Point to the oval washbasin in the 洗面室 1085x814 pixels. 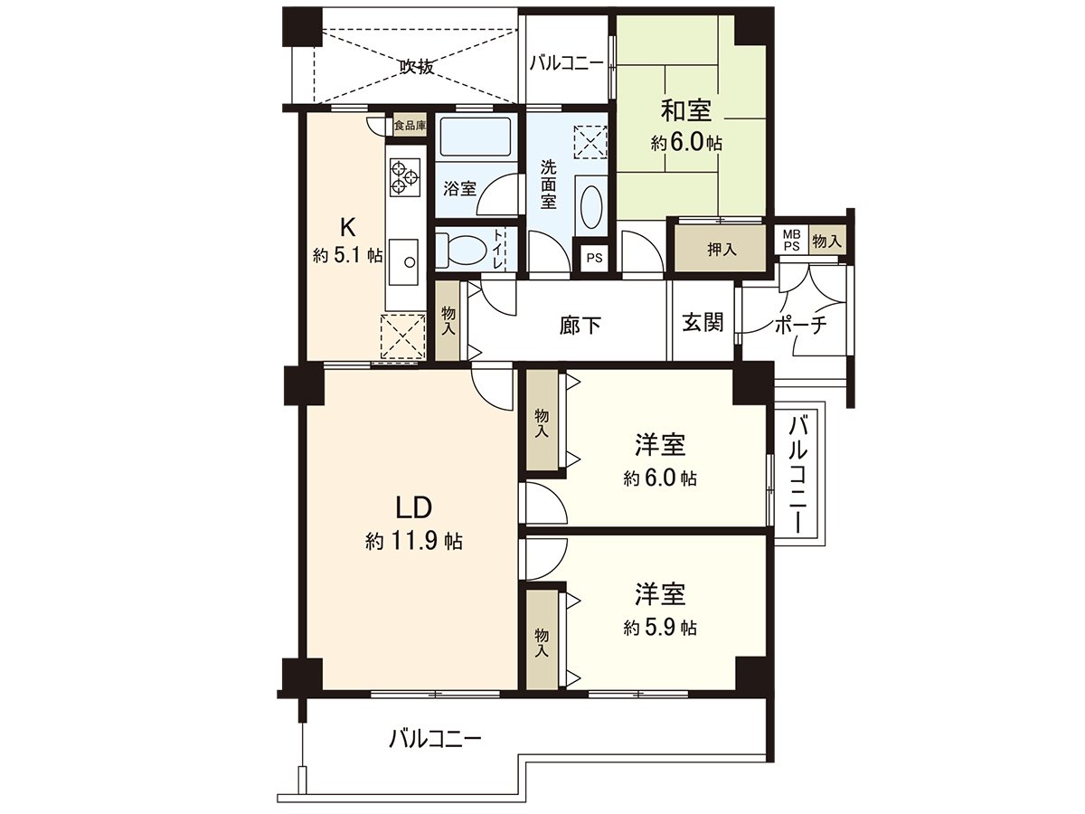(x=590, y=207)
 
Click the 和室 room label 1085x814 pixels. (x=686, y=111)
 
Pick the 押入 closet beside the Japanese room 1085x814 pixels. (x=721, y=250)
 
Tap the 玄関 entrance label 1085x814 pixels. (x=702, y=323)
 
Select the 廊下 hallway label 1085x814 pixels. (x=580, y=325)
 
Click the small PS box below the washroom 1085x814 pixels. (x=593, y=258)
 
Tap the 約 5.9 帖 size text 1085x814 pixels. (x=659, y=628)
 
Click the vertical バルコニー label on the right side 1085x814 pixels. (x=797, y=473)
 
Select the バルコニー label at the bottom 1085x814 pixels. (x=435, y=738)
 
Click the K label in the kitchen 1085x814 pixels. (x=346, y=225)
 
